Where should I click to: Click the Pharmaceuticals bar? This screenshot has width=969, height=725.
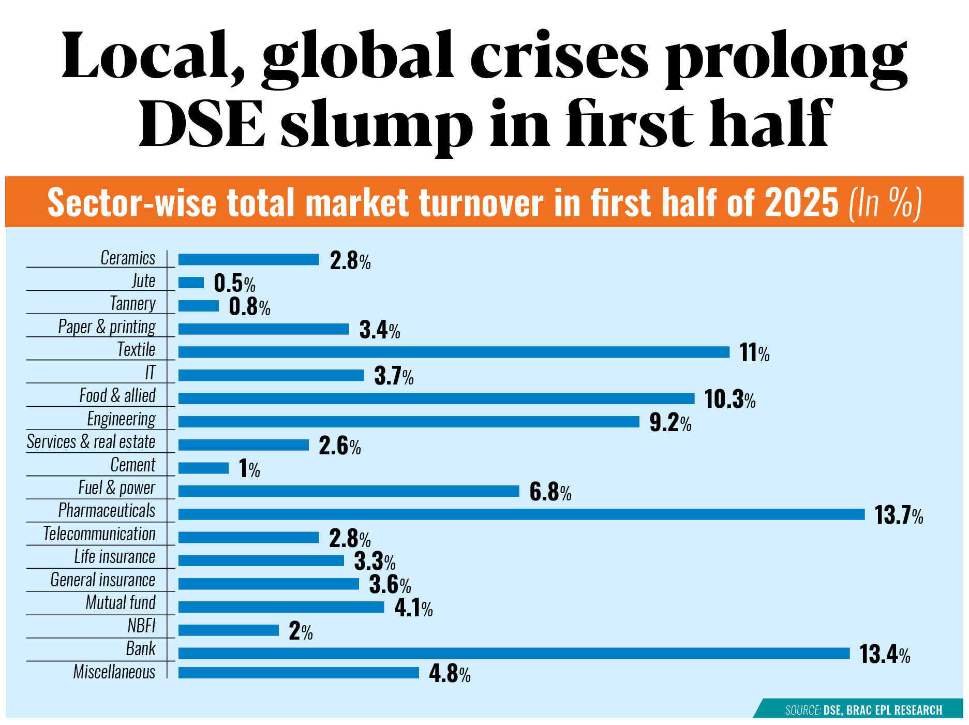coord(521,514)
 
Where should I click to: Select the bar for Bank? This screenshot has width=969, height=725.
coord(514,653)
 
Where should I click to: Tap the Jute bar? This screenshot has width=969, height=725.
coord(191,283)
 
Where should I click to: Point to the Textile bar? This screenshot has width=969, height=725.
coord(454,352)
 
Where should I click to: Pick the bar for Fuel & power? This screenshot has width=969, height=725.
coord(348,491)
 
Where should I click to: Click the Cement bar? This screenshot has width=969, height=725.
coord(203,468)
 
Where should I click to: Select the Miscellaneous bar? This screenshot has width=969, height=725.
coord(299,673)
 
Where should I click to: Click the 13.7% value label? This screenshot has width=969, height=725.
coord(898,515)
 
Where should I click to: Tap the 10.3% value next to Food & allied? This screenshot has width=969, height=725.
coord(729,400)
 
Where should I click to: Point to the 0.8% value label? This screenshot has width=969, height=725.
coord(249,307)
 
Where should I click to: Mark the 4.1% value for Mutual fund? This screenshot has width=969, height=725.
coord(413,608)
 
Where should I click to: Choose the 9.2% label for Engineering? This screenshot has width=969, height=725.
coord(670,423)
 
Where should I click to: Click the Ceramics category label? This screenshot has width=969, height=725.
coord(128,258)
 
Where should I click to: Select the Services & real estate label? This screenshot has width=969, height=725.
coord(91,441)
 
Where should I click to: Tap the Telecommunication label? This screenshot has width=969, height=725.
coord(99,534)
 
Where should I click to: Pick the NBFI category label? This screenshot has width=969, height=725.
coord(141,626)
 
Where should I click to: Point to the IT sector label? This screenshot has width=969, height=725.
coord(150,373)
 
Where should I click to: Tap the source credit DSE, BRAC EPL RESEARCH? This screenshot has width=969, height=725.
coord(882,710)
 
